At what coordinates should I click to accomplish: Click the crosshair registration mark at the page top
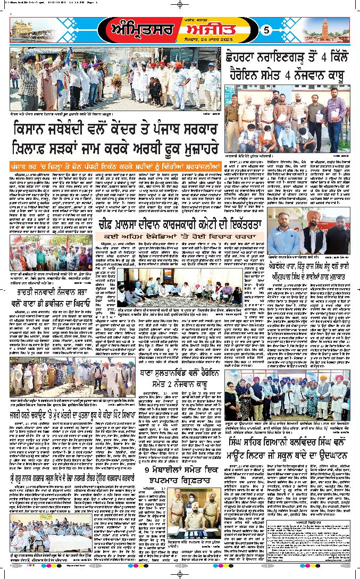[180, 5]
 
